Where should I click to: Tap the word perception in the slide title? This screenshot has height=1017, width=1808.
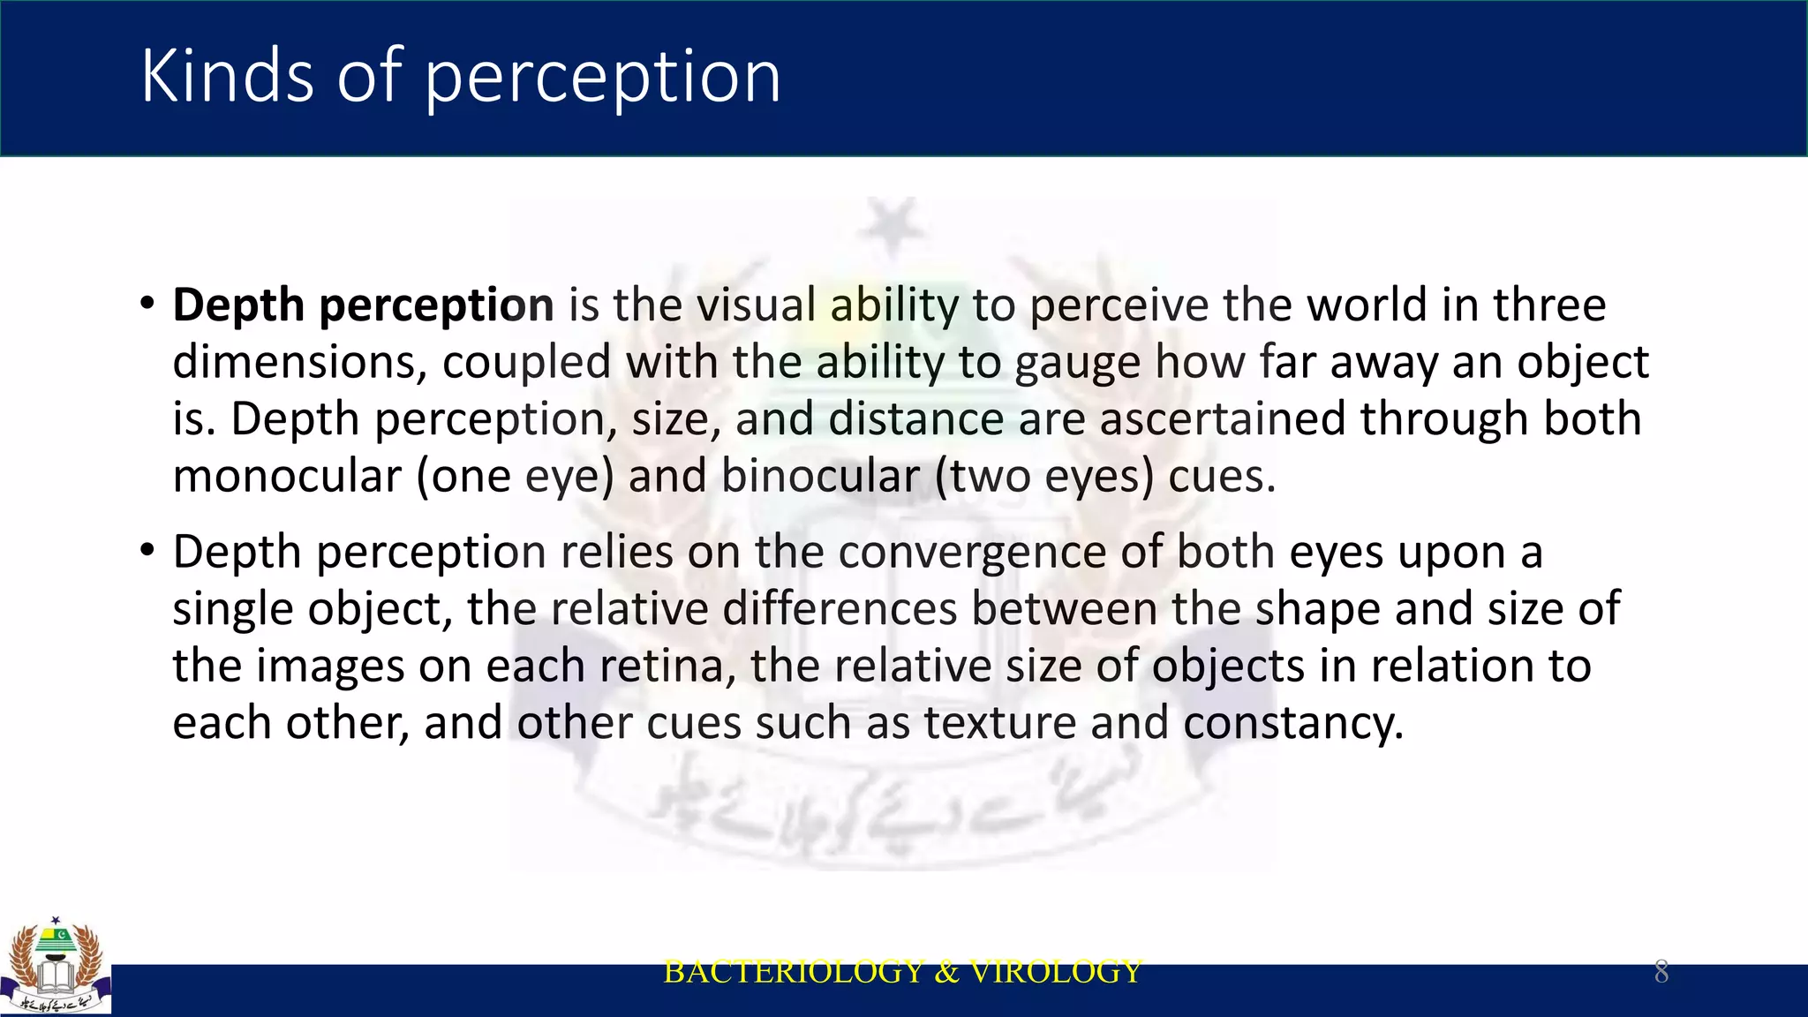[603, 78]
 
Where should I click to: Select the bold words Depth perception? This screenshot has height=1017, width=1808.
[363, 305]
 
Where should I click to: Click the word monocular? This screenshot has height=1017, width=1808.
[287, 477]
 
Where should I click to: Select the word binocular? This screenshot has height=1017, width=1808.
[820, 477]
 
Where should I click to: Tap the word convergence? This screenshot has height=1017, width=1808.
[972, 553]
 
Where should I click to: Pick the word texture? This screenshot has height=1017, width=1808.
[1000, 724]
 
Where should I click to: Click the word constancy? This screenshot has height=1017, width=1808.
[1292, 724]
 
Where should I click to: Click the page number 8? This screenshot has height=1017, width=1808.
[1661, 972]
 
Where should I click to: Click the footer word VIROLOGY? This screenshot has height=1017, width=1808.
[1056, 972]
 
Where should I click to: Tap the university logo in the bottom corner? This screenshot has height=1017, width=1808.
[56, 967]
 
